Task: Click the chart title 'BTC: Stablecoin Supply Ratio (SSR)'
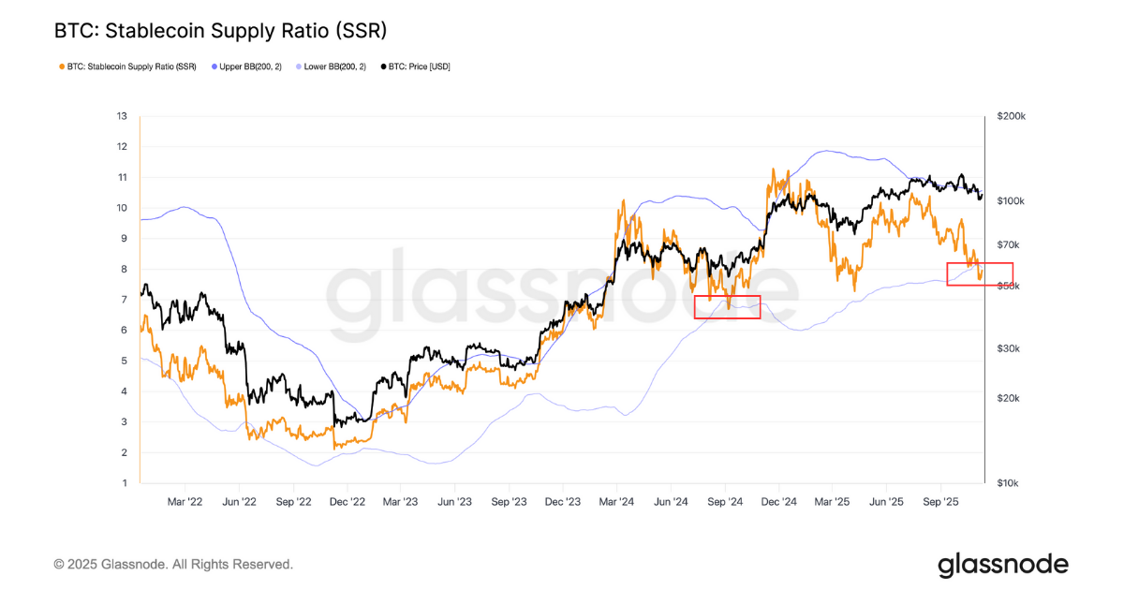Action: [x=221, y=31]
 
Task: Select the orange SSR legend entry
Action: [x=131, y=66]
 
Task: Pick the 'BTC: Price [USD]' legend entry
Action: [x=416, y=66]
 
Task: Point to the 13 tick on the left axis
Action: [x=122, y=116]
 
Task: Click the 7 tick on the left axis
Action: [x=124, y=300]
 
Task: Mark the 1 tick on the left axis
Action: [x=124, y=483]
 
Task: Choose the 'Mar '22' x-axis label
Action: [x=185, y=502]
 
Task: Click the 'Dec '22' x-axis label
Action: [x=348, y=502]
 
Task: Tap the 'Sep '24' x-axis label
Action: [x=725, y=502]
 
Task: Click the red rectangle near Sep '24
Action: [x=727, y=307]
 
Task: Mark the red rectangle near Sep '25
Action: [x=980, y=273]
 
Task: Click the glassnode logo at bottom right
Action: [x=1002, y=565]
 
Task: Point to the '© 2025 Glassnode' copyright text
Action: [x=173, y=565]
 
